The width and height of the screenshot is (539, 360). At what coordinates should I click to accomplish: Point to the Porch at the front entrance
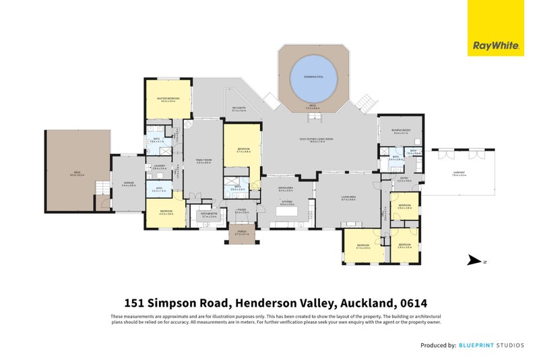coord(240,233)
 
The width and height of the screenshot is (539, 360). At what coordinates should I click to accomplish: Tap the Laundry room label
coord(160,167)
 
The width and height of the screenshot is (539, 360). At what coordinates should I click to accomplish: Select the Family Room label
coord(203,160)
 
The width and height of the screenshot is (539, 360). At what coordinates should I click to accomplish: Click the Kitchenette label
coord(208,215)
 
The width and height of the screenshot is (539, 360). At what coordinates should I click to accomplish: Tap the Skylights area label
coord(239,109)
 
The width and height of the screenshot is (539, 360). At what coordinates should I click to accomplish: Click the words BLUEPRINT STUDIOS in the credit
coord(492,344)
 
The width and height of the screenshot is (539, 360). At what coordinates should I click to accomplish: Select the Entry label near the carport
coord(404,180)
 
